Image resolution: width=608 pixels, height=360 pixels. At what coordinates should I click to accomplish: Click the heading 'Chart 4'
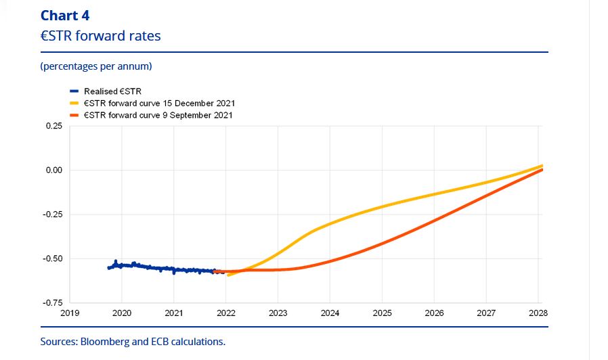[65, 16]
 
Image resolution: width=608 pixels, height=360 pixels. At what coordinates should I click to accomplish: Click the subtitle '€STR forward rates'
[100, 36]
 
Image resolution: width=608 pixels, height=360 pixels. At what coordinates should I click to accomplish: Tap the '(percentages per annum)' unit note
[95, 66]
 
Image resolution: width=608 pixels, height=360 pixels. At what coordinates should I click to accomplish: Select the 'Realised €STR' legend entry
[112, 91]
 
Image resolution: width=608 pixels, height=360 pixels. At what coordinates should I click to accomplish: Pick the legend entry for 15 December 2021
[158, 103]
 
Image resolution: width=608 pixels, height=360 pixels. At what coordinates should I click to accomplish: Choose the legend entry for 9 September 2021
[157, 115]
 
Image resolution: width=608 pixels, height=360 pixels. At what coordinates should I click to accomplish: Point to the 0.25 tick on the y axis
[53, 126]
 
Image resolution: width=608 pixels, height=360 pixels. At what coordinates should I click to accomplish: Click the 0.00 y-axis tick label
[53, 170]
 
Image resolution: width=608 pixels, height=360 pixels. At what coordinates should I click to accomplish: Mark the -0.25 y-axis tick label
[52, 215]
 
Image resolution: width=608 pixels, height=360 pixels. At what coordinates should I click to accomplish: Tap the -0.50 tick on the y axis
[52, 258]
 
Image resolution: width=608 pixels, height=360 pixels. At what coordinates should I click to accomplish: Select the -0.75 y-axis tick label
[52, 302]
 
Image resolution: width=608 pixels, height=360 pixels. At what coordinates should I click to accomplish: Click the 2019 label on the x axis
[70, 314]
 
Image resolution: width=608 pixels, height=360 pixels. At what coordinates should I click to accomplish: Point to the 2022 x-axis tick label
[226, 314]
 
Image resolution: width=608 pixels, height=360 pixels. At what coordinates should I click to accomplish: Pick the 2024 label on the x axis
[330, 314]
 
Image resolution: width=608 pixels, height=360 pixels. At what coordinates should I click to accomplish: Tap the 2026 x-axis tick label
[434, 314]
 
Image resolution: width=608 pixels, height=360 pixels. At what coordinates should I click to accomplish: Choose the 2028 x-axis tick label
[538, 314]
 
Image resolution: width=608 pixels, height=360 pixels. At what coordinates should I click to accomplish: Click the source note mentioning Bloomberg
[133, 341]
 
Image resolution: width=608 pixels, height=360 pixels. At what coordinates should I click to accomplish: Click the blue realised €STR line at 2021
[174, 269]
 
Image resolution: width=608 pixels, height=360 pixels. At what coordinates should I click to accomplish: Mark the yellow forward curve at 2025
[382, 206]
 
